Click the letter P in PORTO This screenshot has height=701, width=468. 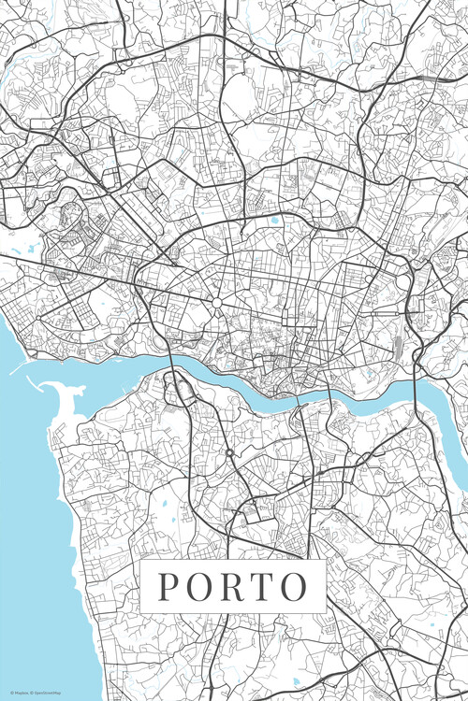pyautogui.click(x=168, y=586)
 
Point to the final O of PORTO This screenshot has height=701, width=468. pyautogui.click(x=294, y=586)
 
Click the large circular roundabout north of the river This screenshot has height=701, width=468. pyautogui.click(x=217, y=303)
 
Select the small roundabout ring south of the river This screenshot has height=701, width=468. pyautogui.click(x=228, y=453)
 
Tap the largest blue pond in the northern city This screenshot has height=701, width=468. pyautogui.click(x=274, y=222)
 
